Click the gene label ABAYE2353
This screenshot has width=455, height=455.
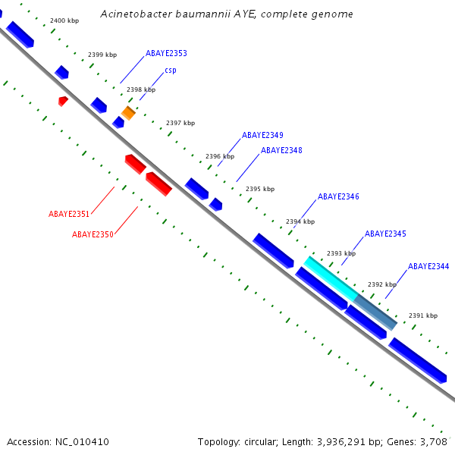(x=166, y=54)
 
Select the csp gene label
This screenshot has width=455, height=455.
(x=171, y=71)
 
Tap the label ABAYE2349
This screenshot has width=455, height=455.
(x=262, y=135)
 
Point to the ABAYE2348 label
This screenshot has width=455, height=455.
(x=281, y=150)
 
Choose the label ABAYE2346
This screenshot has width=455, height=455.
(x=338, y=196)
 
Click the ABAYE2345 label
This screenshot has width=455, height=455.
(x=385, y=234)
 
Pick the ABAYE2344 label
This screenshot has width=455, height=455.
(x=428, y=266)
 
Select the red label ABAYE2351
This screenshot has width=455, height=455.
(x=69, y=214)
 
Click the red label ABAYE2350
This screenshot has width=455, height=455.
(x=93, y=234)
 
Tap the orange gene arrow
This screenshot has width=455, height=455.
(x=128, y=113)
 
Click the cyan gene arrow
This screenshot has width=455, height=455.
(x=331, y=278)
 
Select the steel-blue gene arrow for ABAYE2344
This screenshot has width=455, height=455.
(x=376, y=312)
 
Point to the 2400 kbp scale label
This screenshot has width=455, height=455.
(x=64, y=20)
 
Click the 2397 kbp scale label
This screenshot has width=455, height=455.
(x=180, y=123)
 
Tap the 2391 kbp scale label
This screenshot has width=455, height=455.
(x=423, y=315)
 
